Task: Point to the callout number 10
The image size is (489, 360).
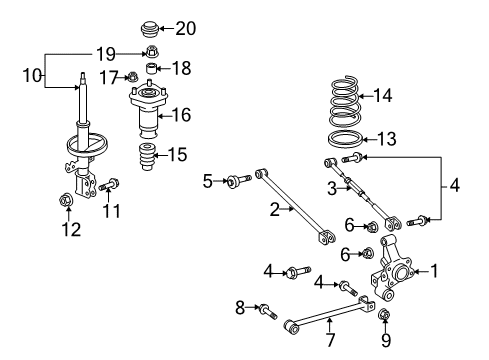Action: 34,73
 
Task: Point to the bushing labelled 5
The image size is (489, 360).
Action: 235,181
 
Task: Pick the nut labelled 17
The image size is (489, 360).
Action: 130,77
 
